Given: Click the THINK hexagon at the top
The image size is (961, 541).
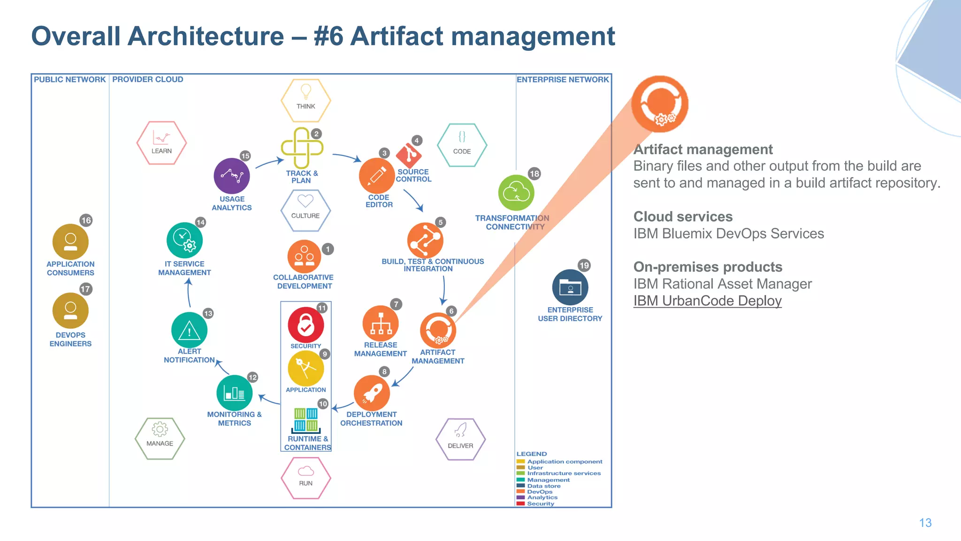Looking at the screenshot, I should pyautogui.click(x=305, y=100).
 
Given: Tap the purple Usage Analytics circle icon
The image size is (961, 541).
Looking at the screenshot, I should pyautogui.click(x=231, y=176).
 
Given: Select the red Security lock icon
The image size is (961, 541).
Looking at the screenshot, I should pyautogui.click(x=305, y=325).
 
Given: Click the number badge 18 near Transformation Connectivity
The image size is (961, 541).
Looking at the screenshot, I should pyautogui.click(x=534, y=174).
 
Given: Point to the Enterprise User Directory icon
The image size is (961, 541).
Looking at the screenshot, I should pyautogui.click(x=570, y=287).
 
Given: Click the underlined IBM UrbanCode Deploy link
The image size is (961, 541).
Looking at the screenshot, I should pyautogui.click(x=707, y=301).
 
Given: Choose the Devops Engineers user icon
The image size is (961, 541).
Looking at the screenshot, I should pyautogui.click(x=70, y=310).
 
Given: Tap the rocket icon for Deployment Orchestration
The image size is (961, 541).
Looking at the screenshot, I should pyautogui.click(x=372, y=393).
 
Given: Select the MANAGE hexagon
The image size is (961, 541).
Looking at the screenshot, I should pyautogui.click(x=160, y=438).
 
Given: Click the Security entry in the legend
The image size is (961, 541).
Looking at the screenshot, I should pyautogui.click(x=540, y=503).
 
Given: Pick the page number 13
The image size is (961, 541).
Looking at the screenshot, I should pyautogui.click(x=925, y=523).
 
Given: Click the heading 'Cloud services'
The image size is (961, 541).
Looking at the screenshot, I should pyautogui.click(x=683, y=216).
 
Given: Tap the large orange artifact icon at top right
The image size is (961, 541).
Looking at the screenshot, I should pyautogui.click(x=660, y=104).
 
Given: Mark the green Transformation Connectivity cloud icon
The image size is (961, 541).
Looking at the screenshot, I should pyautogui.click(x=516, y=193).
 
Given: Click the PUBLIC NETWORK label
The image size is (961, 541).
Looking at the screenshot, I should pyautogui.click(x=69, y=79).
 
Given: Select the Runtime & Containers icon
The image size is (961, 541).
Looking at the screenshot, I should pyautogui.click(x=306, y=420).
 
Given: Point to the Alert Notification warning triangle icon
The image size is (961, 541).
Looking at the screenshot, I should pyautogui.click(x=189, y=330).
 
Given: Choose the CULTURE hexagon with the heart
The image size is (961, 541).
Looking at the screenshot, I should pyautogui.click(x=305, y=210).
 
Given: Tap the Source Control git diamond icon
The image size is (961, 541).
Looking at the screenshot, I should pyautogui.click(x=409, y=155).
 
